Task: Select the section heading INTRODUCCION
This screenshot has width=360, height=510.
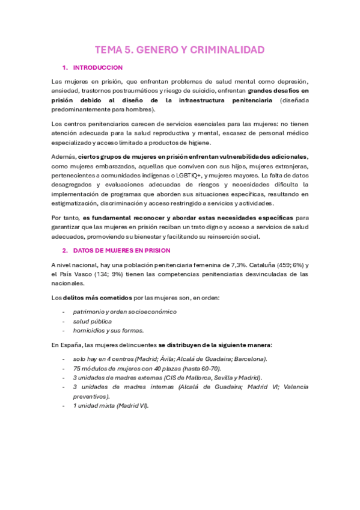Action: pyautogui.click(x=98, y=67)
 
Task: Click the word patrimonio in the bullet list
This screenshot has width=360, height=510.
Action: pyautogui.click(x=88, y=312)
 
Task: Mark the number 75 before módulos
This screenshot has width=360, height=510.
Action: pyautogui.click(x=76, y=368)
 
